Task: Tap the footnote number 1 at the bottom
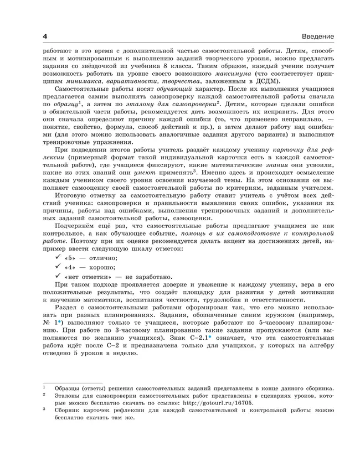tap(44, 387)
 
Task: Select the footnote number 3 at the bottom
tap(44, 410)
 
